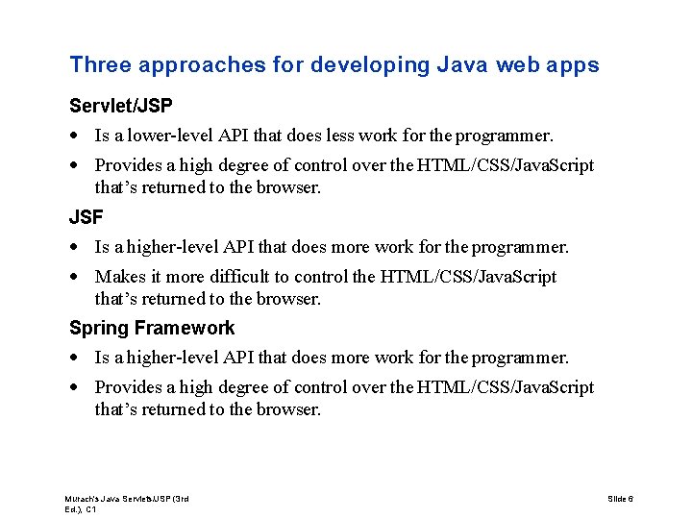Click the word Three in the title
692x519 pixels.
pyautogui.click(x=99, y=65)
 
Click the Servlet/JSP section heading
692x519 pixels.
pyautogui.click(x=121, y=104)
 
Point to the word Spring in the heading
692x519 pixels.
pyautogui.click(x=99, y=328)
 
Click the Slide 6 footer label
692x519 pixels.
pyautogui.click(x=620, y=499)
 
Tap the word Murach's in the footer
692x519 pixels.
pyautogui.click(x=84, y=499)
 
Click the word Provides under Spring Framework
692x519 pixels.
pyautogui.click(x=126, y=387)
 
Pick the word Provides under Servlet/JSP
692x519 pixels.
pyautogui.click(x=126, y=165)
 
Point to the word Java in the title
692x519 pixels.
pyautogui.click(x=462, y=65)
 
